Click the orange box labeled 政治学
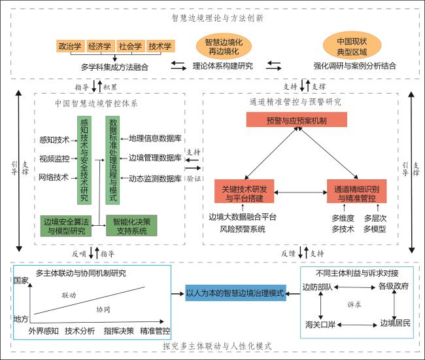point(70,46)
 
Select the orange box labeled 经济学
point(100,46)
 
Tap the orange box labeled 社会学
point(130,46)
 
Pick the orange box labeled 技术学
point(160,46)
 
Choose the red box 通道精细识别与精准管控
point(357,193)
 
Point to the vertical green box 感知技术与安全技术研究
point(84,160)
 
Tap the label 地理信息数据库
point(155,138)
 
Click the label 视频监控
point(54,158)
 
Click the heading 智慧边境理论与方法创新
point(217,18)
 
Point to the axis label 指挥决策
point(118,331)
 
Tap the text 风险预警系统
point(243,229)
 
